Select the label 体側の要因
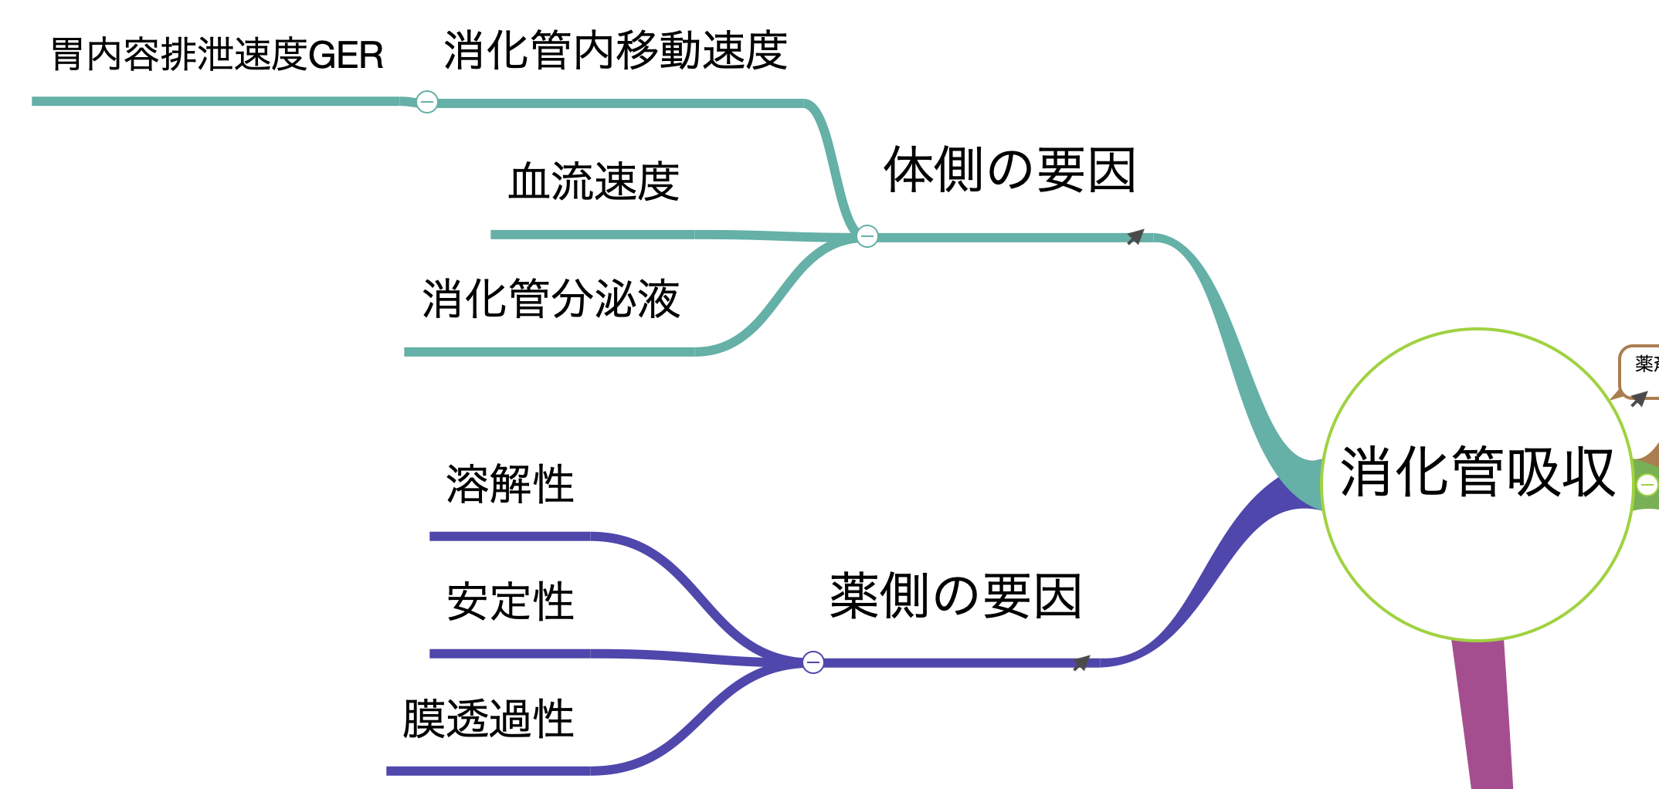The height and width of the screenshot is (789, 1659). [1009, 170]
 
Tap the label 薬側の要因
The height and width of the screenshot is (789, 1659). [955, 596]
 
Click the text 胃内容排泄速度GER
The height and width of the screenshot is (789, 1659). [217, 55]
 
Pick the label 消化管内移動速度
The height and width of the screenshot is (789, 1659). [616, 51]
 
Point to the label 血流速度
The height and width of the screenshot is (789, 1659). [593, 182]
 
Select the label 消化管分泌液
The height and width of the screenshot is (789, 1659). [551, 299]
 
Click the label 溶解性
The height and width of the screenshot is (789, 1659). [510, 484]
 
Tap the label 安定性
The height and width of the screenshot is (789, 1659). [510, 601]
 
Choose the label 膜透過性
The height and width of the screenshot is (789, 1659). [488, 719]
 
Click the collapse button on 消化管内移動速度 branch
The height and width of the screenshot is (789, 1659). [427, 102]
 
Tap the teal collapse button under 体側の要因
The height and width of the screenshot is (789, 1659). [867, 235]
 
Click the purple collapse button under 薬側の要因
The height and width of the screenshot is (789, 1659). [813, 662]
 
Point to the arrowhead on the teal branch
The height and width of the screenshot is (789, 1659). [1135, 236]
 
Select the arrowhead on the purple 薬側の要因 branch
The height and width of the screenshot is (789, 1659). [1082, 662]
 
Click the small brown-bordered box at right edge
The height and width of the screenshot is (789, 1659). [1640, 371]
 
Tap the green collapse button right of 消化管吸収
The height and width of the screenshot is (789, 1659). [1647, 485]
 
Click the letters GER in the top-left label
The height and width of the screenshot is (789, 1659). [345, 56]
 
